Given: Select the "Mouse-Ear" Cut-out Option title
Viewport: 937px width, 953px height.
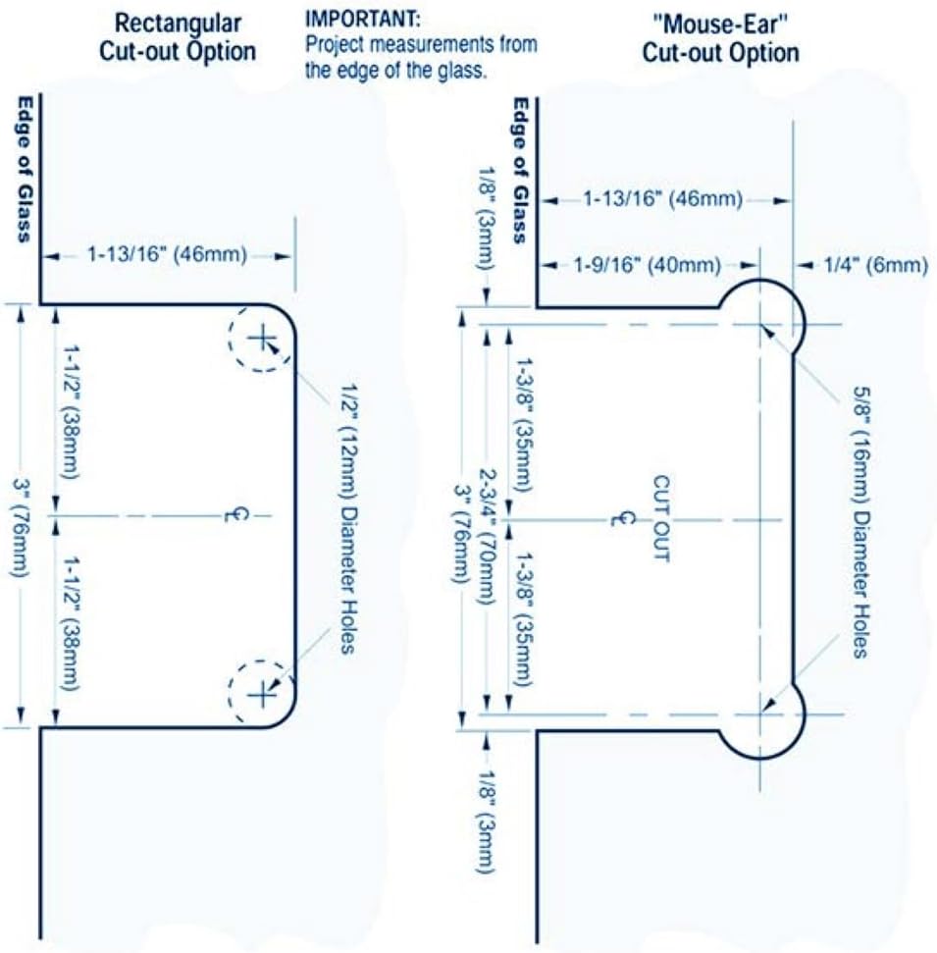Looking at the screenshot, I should [x=720, y=38].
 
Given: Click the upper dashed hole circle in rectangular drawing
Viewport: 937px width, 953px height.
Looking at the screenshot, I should [x=260, y=340].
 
